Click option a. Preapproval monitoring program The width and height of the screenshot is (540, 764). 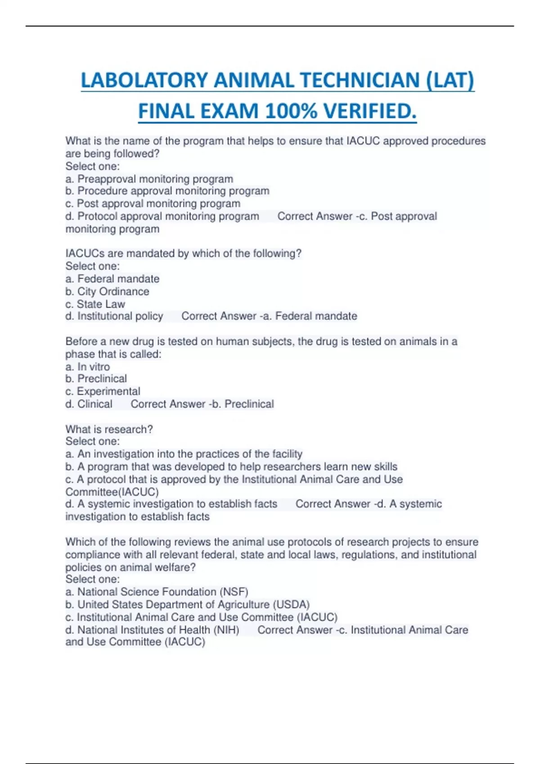[x=149, y=179]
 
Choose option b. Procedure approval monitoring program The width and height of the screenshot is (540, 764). [x=167, y=191]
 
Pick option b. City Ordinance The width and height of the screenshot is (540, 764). [x=107, y=292]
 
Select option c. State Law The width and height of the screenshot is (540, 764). [x=95, y=304]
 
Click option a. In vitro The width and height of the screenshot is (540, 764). [x=88, y=367]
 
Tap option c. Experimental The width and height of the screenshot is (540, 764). [x=103, y=391]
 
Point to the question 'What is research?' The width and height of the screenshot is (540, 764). [x=109, y=429]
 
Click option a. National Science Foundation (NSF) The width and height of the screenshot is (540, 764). [x=157, y=592]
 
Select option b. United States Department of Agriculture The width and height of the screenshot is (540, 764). [x=187, y=604]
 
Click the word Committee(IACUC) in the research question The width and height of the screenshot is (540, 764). [x=112, y=492]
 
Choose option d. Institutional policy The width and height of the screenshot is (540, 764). [x=114, y=316]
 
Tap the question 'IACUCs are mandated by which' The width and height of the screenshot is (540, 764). [x=184, y=253]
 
